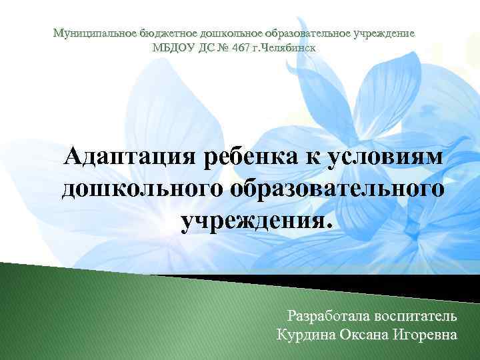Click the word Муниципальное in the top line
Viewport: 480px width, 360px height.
(93, 33)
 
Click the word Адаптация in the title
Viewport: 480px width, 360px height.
(133, 159)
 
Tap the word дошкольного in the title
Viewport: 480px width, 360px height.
(142, 189)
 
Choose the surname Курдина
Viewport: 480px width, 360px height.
(304, 333)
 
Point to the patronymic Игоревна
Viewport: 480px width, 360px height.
(427, 333)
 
